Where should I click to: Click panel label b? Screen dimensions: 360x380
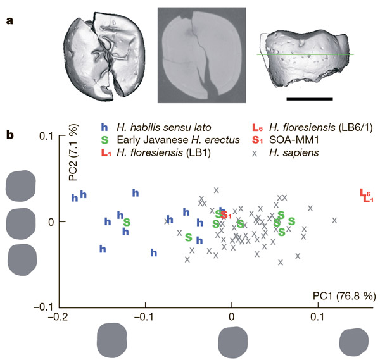(x=10, y=134)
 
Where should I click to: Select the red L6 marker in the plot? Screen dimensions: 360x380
(x=364, y=193)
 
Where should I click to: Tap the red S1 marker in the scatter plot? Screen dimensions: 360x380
(x=226, y=216)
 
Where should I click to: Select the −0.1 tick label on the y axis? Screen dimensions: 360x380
(x=42, y=306)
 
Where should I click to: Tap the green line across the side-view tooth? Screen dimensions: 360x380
(x=304, y=55)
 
